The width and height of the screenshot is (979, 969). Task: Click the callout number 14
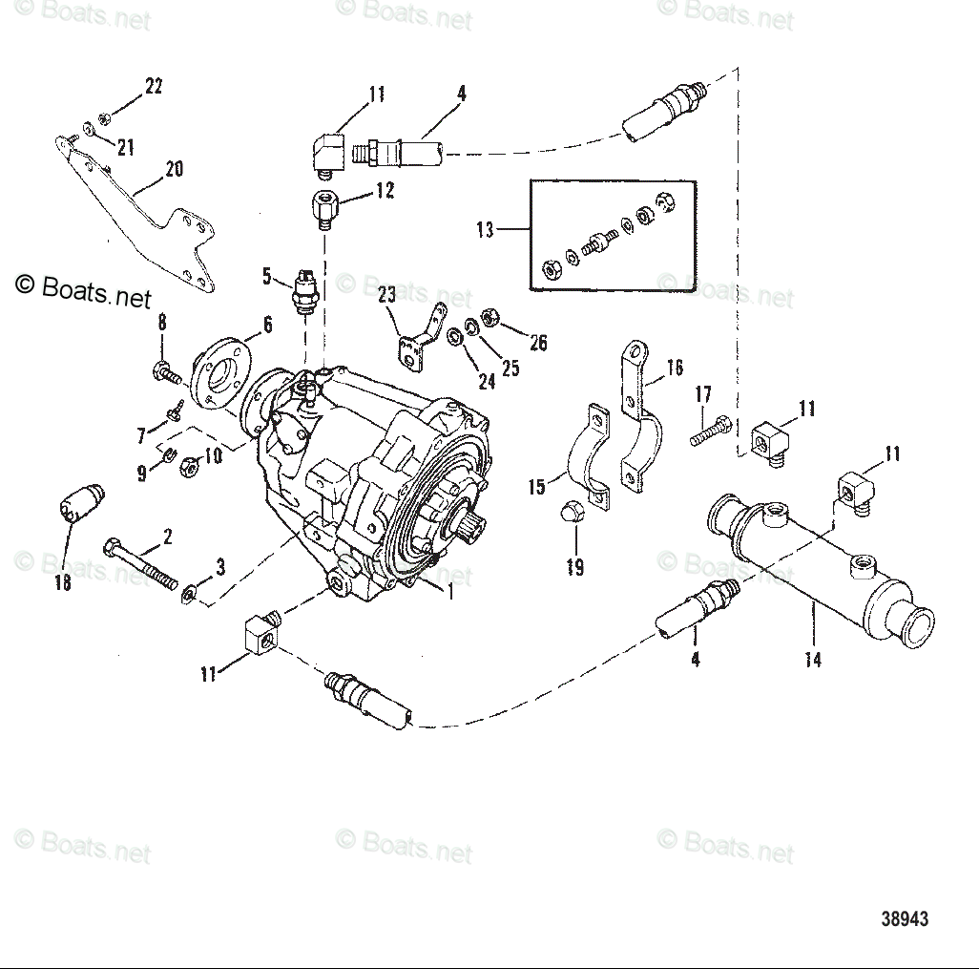pyautogui.click(x=812, y=660)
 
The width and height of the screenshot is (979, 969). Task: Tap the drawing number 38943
pyautogui.click(x=904, y=918)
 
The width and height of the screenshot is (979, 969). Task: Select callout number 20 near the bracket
pyautogui.click(x=173, y=169)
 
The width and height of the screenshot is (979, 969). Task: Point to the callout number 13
pyautogui.click(x=486, y=230)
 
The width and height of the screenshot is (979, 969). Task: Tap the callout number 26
pyautogui.click(x=538, y=343)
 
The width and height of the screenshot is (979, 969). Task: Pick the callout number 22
pyautogui.click(x=154, y=86)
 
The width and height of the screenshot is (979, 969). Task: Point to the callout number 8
pyautogui.click(x=161, y=323)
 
